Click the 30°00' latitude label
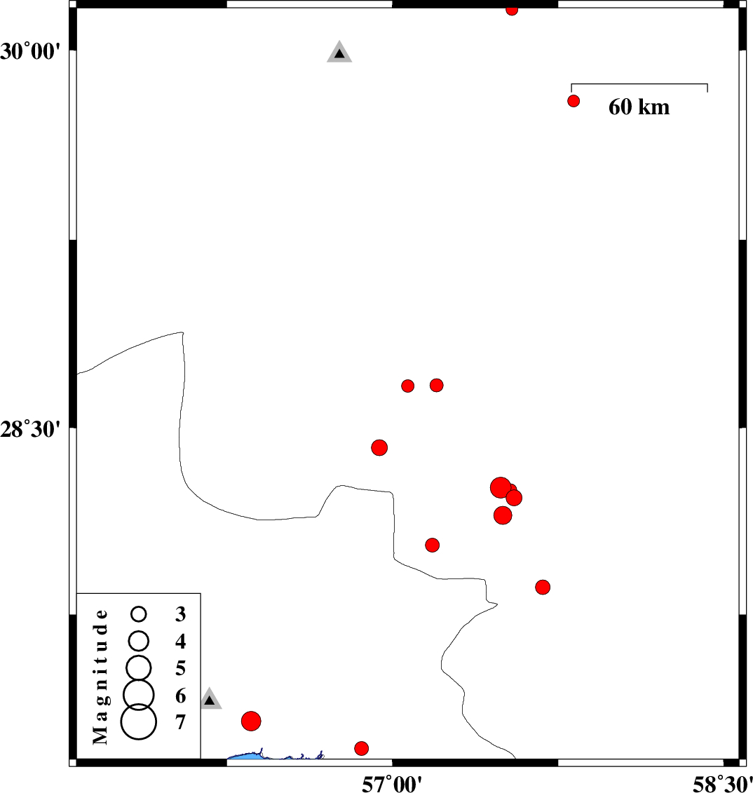(30, 52)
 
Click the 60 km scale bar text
(639, 107)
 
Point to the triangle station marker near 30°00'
(339, 52)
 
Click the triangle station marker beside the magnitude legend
(210, 700)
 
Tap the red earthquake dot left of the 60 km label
(573, 101)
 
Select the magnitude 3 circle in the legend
(139, 614)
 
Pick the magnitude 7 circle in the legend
(139, 721)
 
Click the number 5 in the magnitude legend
(181, 669)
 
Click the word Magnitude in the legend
(101, 677)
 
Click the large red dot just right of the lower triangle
(251, 721)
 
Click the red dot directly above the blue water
(361, 748)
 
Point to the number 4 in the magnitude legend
(181, 642)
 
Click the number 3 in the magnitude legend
(181, 614)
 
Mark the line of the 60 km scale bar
(639, 84)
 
